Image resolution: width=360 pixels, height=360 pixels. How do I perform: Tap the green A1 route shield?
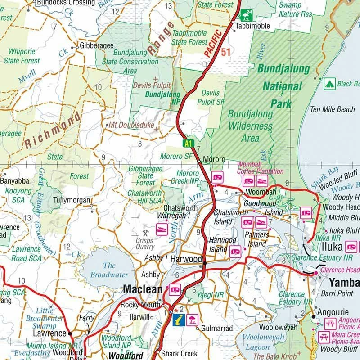[x=188, y=144]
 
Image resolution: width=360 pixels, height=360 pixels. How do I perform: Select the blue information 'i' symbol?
[x=179, y=320]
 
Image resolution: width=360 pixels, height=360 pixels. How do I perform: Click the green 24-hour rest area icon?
[x=247, y=15]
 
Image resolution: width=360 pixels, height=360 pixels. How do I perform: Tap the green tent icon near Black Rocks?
[x=329, y=84]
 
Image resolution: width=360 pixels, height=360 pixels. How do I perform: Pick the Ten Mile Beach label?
[x=332, y=109]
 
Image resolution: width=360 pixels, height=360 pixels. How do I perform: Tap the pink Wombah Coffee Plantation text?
[x=261, y=168]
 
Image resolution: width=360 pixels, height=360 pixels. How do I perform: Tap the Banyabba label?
[x=14, y=181]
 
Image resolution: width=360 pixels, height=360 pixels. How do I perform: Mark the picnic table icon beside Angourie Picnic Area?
[x=329, y=323]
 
